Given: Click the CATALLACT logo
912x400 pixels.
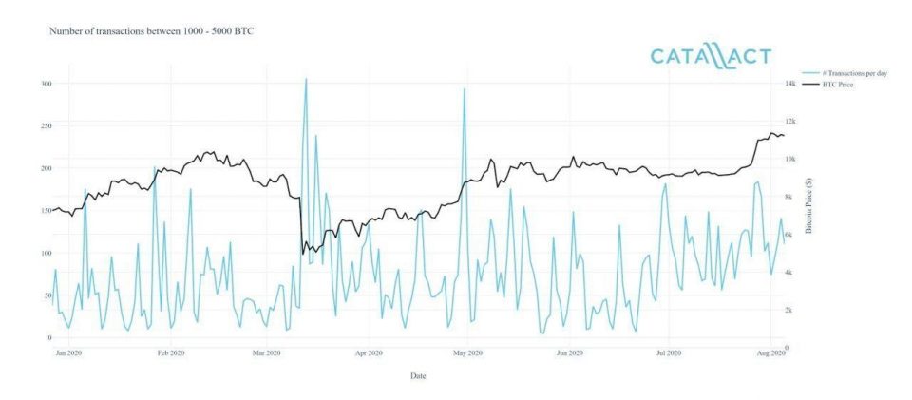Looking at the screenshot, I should (x=711, y=57).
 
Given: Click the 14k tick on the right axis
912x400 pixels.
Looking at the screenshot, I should (x=789, y=84).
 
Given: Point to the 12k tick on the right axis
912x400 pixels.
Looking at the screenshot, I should (x=789, y=122).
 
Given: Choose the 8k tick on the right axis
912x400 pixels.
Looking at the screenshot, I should (x=788, y=197).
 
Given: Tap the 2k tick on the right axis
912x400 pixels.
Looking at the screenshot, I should (x=788, y=310).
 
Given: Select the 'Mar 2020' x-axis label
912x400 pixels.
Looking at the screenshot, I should (x=267, y=352).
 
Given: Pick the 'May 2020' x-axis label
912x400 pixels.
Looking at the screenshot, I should (x=468, y=352).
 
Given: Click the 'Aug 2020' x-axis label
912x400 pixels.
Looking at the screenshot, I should (x=769, y=352).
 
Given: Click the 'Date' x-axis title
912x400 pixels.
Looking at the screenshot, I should (x=418, y=375).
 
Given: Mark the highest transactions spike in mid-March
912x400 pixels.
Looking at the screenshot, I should (x=305, y=79).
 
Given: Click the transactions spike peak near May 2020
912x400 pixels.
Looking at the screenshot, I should (x=464, y=89).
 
